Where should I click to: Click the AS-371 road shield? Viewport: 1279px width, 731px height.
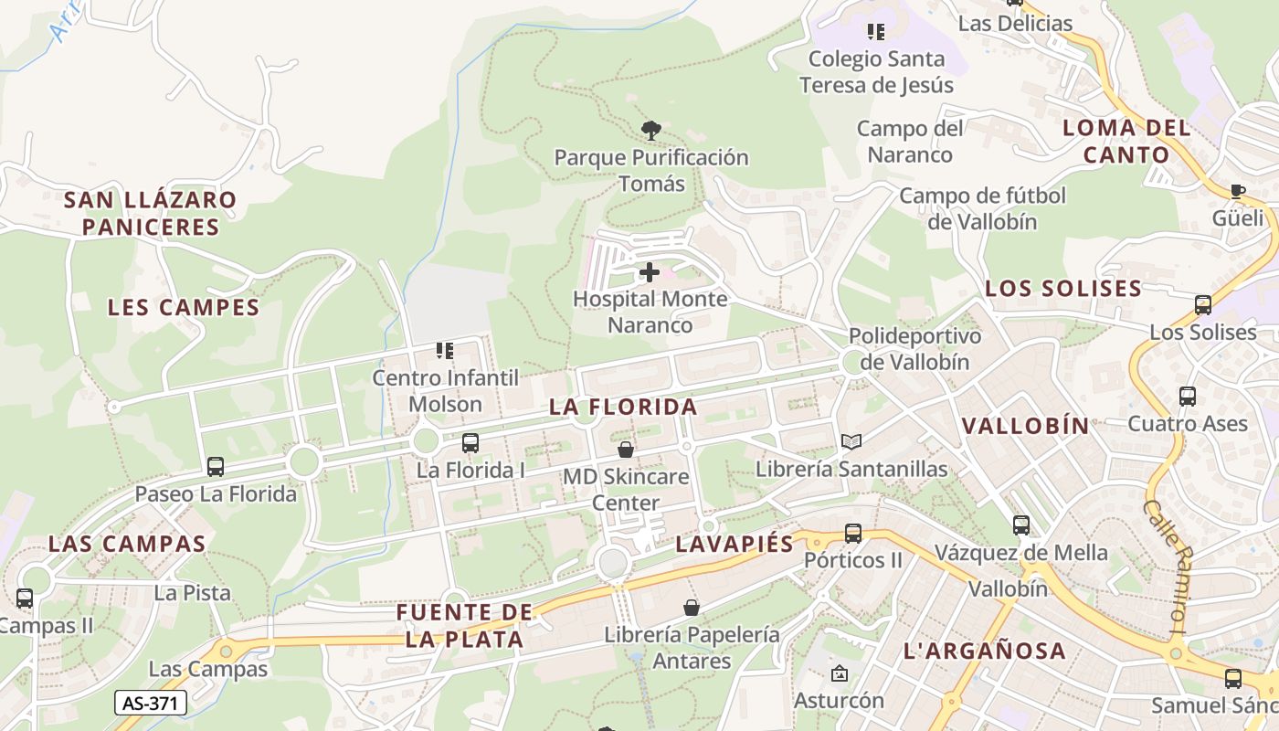tap(151, 703)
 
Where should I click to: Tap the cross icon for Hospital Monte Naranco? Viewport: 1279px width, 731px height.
tap(650, 272)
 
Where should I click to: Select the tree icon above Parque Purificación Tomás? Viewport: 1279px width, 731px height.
tap(650, 131)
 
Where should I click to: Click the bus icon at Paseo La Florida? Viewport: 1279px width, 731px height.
tap(216, 467)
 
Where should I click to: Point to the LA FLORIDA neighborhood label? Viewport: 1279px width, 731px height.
tap(623, 408)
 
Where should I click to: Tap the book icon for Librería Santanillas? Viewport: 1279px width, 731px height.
tap(851, 442)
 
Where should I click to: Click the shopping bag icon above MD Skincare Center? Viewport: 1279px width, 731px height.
tap(626, 450)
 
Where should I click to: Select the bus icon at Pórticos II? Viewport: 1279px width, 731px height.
tap(852, 533)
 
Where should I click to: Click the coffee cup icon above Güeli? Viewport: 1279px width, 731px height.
tap(1237, 191)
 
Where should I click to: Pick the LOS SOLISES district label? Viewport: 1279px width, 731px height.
tap(1063, 289)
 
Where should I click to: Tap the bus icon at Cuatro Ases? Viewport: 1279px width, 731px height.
tap(1187, 397)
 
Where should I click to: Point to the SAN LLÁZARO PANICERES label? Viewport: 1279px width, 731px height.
tap(151, 213)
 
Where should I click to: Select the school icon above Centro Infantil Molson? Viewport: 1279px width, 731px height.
tap(445, 351)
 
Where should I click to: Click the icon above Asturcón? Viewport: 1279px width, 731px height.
tap(839, 674)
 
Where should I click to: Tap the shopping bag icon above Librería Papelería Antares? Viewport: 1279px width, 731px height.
tap(692, 608)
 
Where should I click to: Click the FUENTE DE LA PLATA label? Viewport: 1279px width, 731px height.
tap(465, 625)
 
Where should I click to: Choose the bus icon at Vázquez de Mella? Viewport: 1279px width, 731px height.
tap(1020, 525)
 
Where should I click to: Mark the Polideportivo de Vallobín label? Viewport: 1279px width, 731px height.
tap(914, 348)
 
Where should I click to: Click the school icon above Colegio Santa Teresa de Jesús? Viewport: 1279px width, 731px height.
tap(876, 33)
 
